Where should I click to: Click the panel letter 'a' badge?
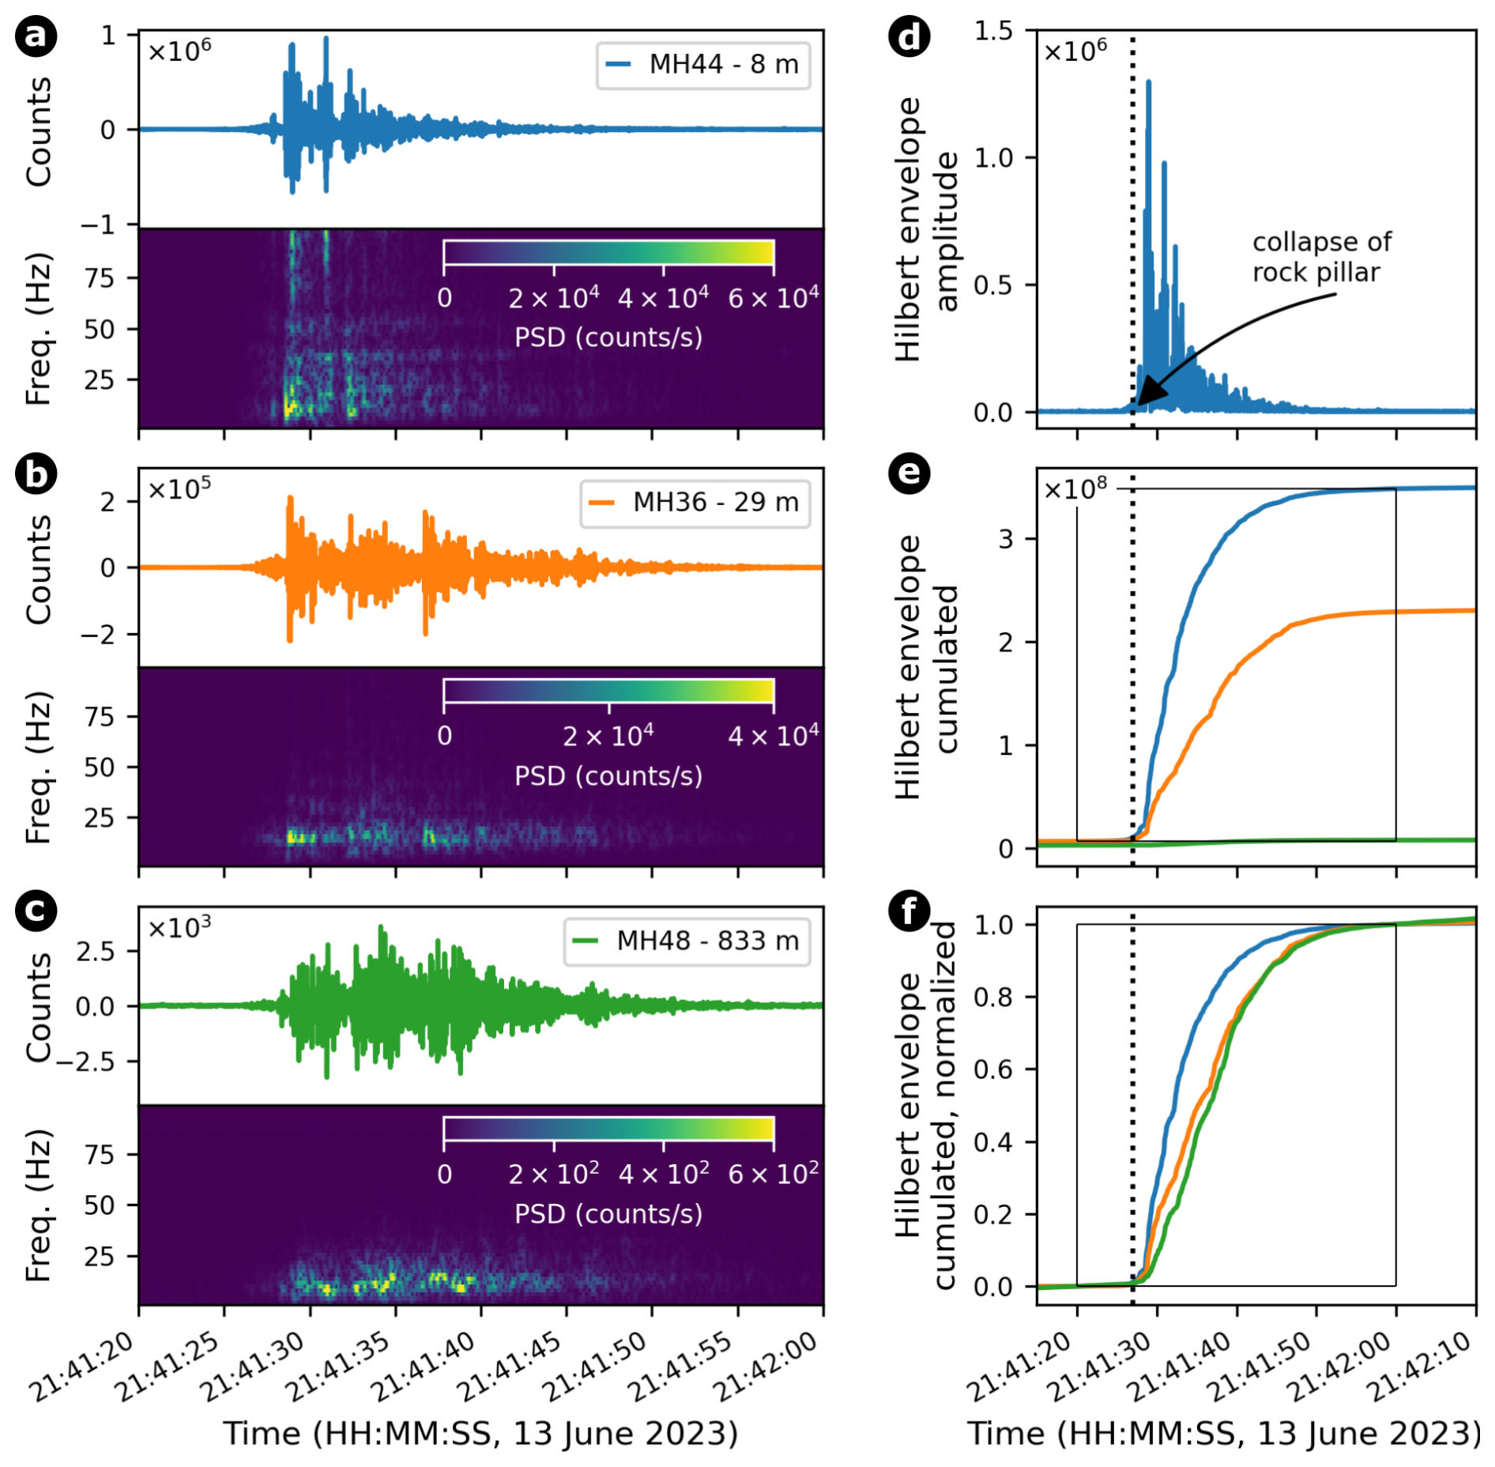[x=36, y=36]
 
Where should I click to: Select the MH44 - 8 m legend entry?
[x=702, y=65]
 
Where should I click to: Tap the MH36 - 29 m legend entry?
[x=695, y=503]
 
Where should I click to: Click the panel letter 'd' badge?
[x=909, y=36]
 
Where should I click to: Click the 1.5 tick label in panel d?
[x=993, y=31]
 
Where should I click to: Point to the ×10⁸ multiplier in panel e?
[x=1075, y=489]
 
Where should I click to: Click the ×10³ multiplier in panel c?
[x=179, y=927]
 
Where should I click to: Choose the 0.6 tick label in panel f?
[x=993, y=1069]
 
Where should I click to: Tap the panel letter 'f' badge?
[x=909, y=911]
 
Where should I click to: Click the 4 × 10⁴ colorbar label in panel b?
[x=772, y=736]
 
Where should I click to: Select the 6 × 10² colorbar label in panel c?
[x=772, y=1174]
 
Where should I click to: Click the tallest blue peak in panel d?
[x=1148, y=82]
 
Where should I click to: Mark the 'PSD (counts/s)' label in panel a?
[x=608, y=338]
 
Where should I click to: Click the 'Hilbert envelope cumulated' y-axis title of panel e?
[x=927, y=668]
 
